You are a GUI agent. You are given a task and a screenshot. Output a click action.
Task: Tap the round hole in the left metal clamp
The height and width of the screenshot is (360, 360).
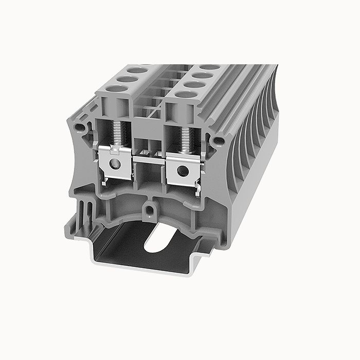coord(115,164)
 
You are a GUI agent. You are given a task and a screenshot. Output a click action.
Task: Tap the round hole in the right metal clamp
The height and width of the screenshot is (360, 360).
coord(181,170)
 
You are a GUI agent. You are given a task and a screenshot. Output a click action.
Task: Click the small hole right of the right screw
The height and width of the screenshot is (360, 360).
coord(218,140)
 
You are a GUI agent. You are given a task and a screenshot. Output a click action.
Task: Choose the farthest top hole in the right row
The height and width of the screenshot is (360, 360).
coord(210,67)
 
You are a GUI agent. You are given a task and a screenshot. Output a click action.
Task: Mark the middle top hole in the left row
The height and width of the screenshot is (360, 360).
coord(128,79)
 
